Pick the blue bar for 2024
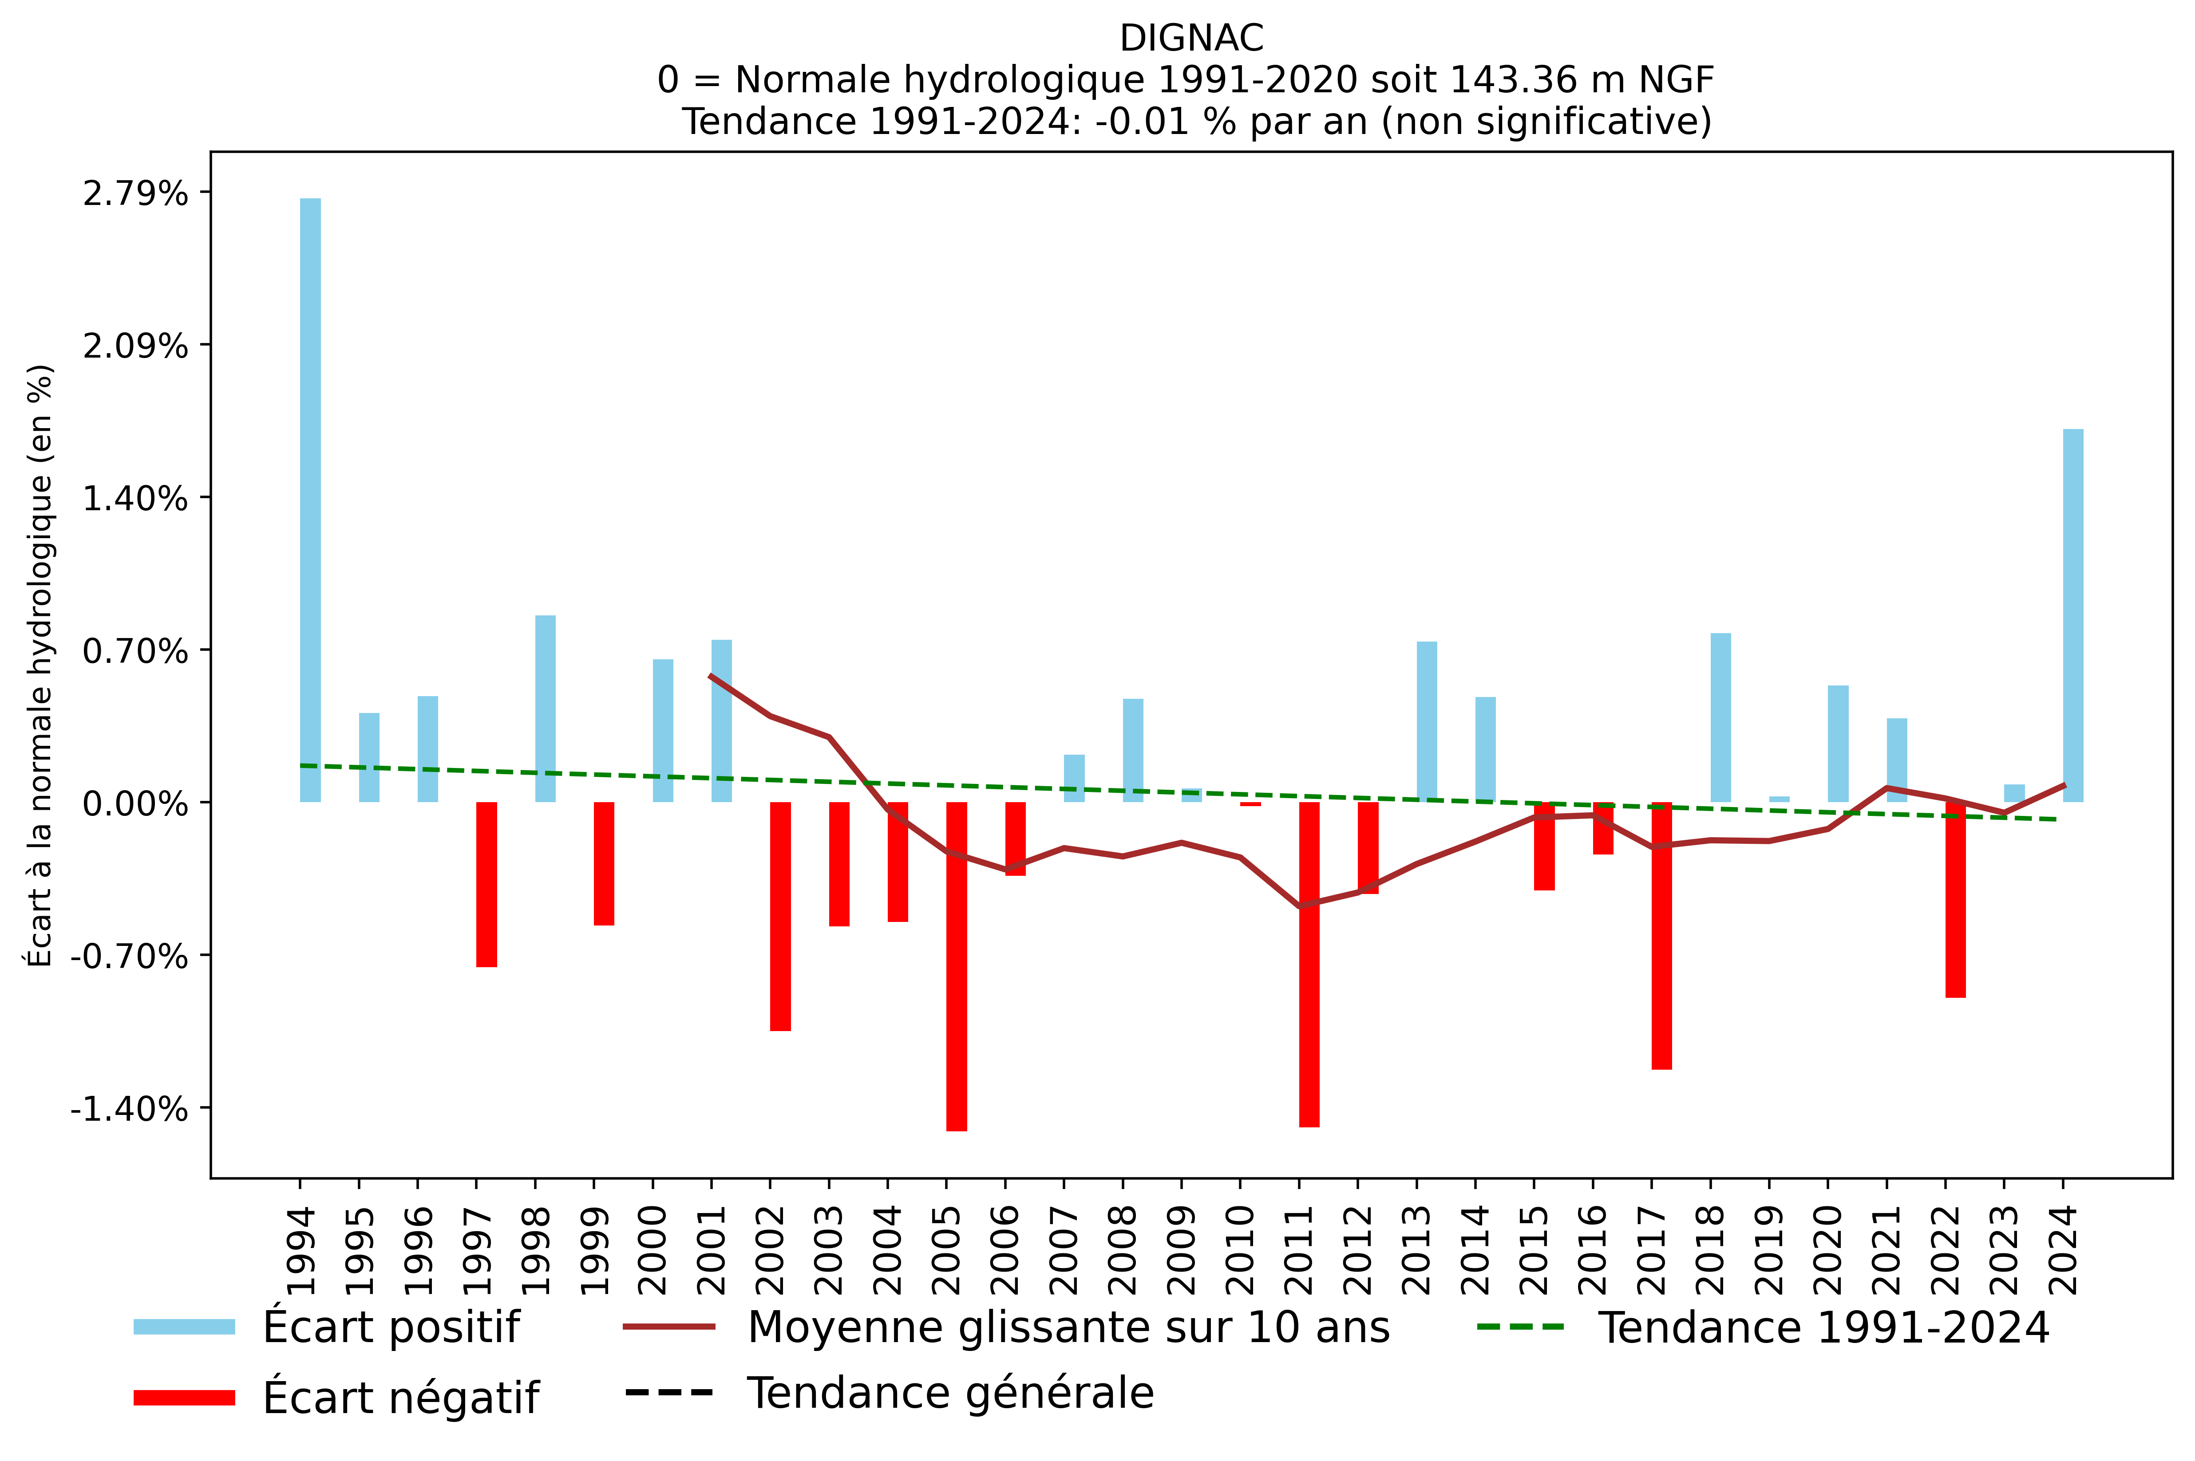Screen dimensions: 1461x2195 tap(2073, 615)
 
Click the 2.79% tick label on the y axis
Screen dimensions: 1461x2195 tap(135, 194)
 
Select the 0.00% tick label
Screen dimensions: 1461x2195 tap(135, 803)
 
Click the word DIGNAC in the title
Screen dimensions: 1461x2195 tap(1191, 38)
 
